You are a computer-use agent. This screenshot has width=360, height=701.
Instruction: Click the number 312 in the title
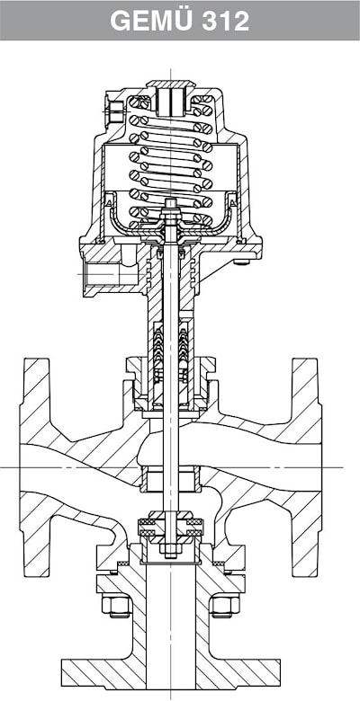226,21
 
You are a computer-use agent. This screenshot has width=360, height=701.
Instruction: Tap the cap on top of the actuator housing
171,84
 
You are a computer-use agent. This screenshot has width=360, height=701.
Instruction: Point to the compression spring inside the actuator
171,161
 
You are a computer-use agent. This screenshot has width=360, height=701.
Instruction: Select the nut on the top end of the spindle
171,205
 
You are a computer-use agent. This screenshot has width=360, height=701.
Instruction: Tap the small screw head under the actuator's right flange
243,262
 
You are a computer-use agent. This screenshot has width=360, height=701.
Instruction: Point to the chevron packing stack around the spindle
171,353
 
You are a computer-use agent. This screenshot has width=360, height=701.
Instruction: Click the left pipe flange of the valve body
36,467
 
